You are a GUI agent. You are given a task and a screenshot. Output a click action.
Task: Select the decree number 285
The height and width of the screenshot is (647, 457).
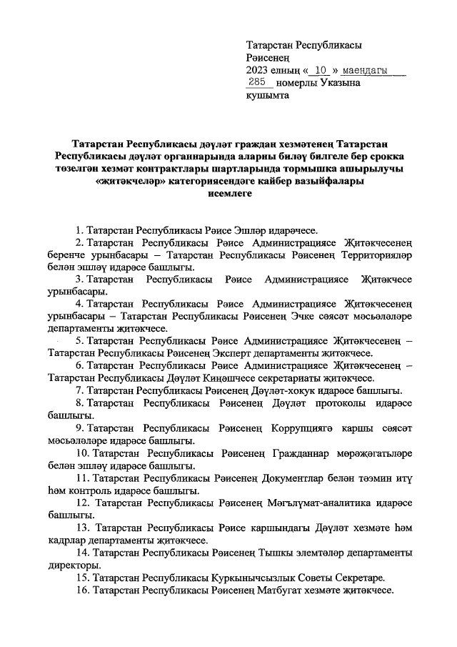pyautogui.click(x=257, y=83)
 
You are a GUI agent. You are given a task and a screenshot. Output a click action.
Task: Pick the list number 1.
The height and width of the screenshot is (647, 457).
pyautogui.click(x=78, y=231)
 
